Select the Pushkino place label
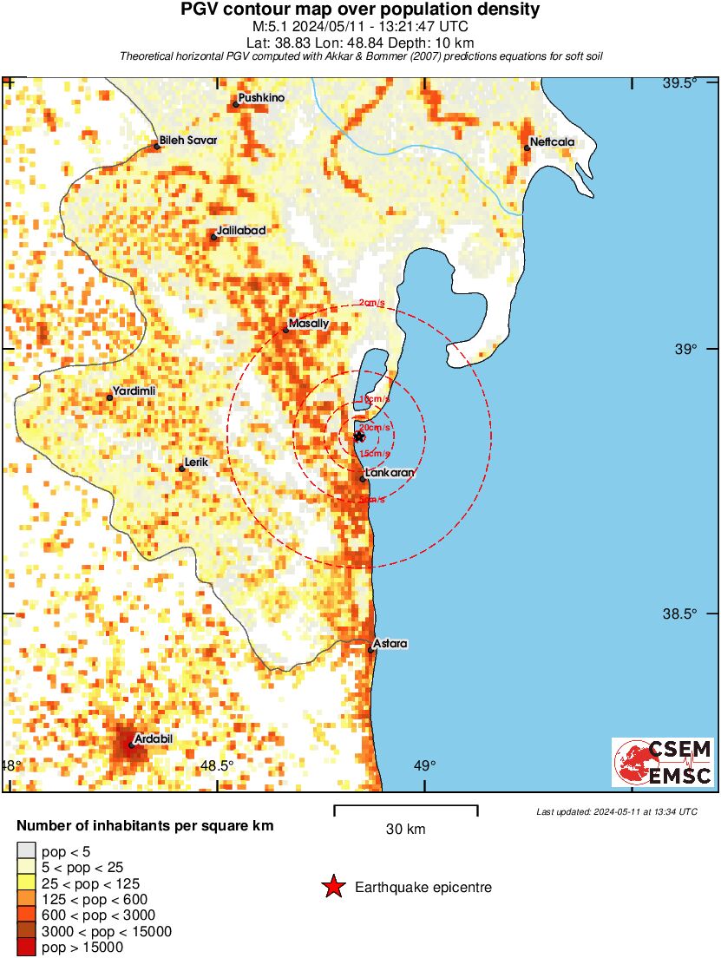(262, 98)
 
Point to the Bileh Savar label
(187, 141)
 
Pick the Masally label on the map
(310, 324)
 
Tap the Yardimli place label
(135, 391)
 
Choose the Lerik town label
(197, 463)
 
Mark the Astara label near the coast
(390, 644)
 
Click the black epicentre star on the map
(360, 436)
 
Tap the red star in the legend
(332, 888)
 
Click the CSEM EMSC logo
(664, 763)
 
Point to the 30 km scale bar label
(405, 830)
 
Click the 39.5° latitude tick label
(679, 83)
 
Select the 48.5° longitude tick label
(217, 765)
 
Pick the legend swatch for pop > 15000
(27, 948)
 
